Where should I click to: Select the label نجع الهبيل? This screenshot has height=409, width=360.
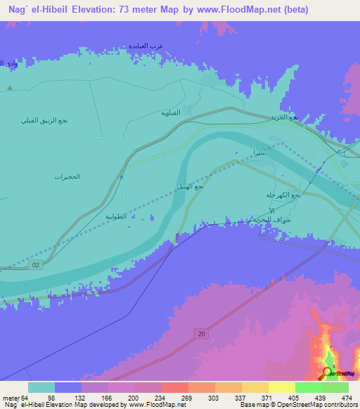pos(190,187)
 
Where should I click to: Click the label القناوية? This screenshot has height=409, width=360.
pos(171,112)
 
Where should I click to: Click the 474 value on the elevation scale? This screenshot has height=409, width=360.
pos(347,398)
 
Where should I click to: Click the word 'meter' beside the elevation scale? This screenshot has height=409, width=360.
pos(13,398)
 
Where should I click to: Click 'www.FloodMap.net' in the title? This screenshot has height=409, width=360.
pos(238,11)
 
